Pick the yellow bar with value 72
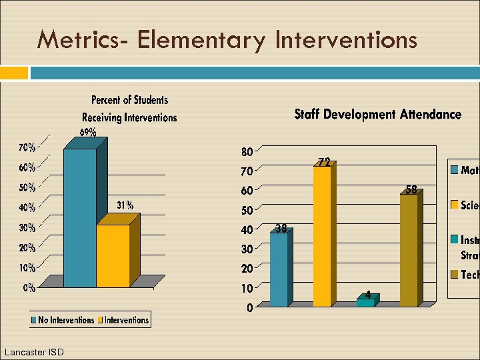[x=322, y=236]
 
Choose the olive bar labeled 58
[x=408, y=250]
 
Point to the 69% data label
[x=88, y=132]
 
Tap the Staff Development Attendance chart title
[x=378, y=115]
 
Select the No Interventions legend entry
[x=66, y=320]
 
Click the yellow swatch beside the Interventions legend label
[x=101, y=321]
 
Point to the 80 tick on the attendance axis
[x=247, y=153]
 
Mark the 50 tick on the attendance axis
[x=247, y=211]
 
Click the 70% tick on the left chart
[x=27, y=147]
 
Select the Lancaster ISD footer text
[x=34, y=351]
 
